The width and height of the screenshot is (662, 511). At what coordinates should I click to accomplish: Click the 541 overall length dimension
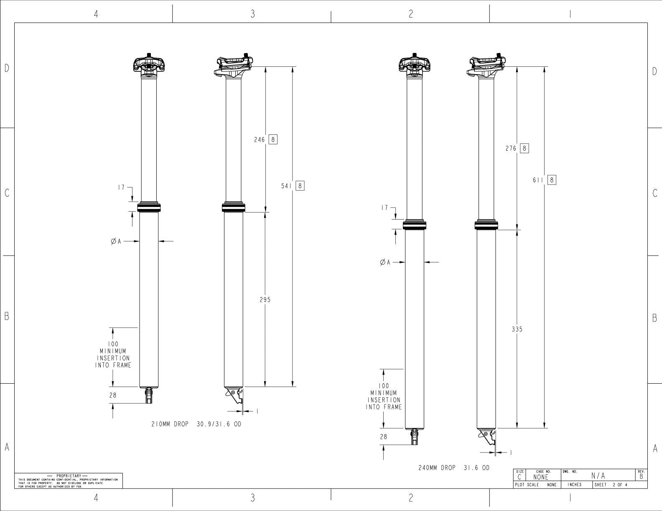point(286,186)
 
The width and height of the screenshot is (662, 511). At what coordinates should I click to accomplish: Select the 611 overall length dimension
point(538,180)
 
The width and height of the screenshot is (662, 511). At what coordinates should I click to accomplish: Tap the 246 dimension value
point(260,140)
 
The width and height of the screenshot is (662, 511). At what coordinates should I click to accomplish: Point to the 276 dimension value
point(511,149)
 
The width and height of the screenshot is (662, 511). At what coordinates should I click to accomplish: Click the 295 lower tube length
point(265,300)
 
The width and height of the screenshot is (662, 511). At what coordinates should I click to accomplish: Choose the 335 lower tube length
point(517,329)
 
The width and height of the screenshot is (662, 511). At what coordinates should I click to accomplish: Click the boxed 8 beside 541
point(300,186)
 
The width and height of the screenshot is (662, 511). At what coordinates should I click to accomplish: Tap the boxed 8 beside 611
point(552,180)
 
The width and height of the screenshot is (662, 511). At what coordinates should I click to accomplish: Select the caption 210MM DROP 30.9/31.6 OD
point(196,424)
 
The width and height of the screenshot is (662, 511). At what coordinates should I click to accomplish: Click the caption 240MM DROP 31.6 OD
point(454,468)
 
